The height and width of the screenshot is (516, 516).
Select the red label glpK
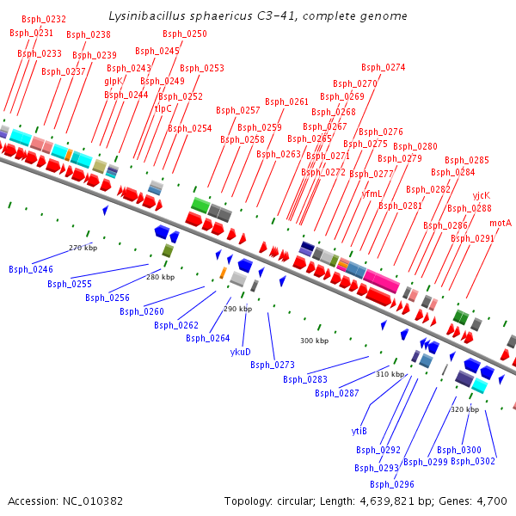click(x=114, y=81)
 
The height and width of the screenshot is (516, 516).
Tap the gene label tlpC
click(x=163, y=108)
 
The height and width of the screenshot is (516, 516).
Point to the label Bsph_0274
click(x=383, y=67)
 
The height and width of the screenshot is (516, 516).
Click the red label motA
click(x=501, y=223)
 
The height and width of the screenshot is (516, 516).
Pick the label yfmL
click(x=372, y=193)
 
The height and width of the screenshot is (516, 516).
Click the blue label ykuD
click(x=241, y=351)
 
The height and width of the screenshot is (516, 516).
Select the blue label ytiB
click(x=359, y=431)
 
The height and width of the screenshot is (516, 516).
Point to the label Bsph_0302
click(x=473, y=461)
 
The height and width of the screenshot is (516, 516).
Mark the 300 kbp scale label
click(x=314, y=341)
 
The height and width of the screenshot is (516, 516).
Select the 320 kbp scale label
click(x=464, y=409)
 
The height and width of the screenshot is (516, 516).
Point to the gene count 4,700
click(x=491, y=501)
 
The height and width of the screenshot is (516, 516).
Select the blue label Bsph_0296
click(x=392, y=484)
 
